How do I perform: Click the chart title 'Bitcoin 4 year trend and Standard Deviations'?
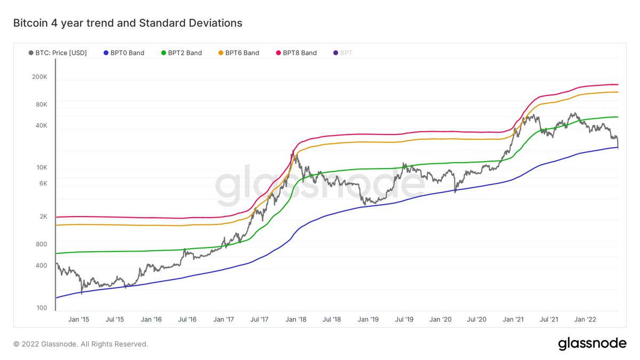coord(127,23)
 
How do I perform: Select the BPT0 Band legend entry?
coord(124,53)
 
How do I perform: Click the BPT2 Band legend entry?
coord(181,53)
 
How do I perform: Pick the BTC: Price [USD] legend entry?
coord(58,53)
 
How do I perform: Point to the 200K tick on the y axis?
coord(40,77)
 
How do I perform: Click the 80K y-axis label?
coord(42,105)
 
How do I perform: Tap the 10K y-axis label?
coord(42,167)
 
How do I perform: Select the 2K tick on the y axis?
coord(43,217)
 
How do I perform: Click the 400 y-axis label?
coord(42,266)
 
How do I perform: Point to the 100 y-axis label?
coord(42,308)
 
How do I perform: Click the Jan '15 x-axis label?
coord(78,319)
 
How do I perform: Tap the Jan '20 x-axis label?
coord(441,319)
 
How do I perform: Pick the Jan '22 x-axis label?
coord(585,319)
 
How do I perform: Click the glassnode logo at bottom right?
coord(592,344)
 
